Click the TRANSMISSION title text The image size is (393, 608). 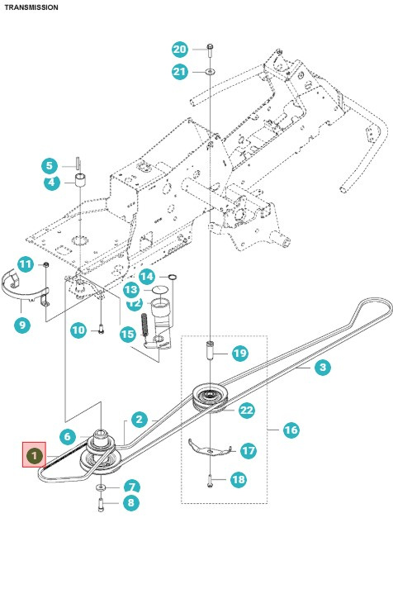(31, 7)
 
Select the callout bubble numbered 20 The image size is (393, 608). (180, 49)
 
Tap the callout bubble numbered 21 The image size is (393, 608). (180, 72)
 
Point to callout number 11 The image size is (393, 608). (26, 264)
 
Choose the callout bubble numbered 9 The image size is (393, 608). (22, 325)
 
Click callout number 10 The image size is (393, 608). (78, 330)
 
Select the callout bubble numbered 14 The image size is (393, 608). (146, 276)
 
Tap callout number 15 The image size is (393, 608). (127, 335)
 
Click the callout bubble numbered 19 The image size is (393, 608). (239, 353)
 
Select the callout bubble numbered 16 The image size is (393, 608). (291, 430)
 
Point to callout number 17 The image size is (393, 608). (249, 451)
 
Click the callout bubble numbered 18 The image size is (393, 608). (239, 480)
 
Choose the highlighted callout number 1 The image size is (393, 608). (34, 455)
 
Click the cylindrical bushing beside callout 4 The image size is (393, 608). (82, 180)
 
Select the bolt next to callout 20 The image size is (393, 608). (211, 49)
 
